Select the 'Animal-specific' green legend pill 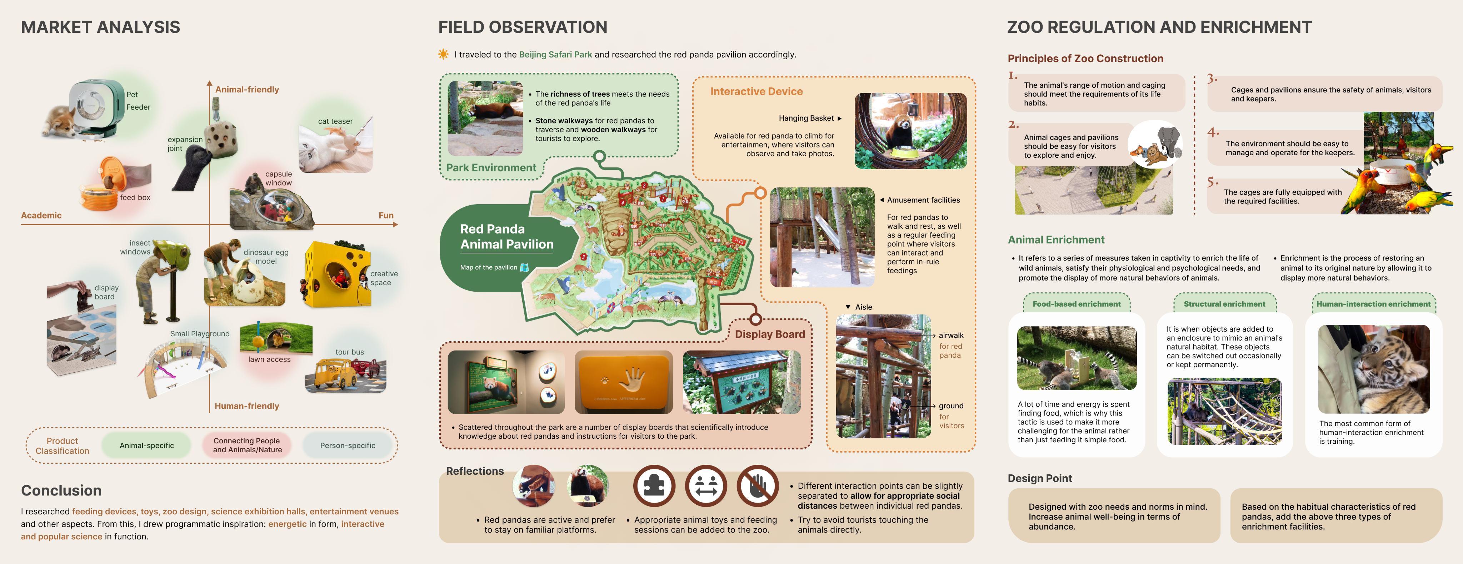[146, 445]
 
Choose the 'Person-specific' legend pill [347, 445]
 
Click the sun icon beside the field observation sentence [443, 55]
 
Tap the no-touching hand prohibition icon [757, 486]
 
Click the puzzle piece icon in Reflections [654, 486]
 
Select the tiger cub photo [1373, 369]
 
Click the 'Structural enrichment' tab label [1224, 304]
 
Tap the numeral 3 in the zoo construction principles [1212, 78]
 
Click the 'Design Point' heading [1039, 478]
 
